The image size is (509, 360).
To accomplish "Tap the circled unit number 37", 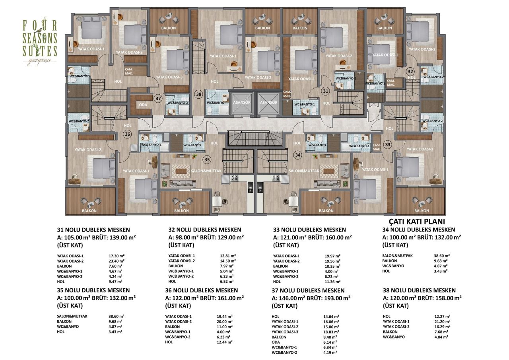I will pos(158,98).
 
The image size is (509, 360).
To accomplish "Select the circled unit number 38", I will pos(198,94).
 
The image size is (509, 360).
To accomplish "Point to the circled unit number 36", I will pos(127,134).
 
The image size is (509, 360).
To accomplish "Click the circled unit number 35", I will pos(206,160).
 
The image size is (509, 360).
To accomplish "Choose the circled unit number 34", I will pos(297,154).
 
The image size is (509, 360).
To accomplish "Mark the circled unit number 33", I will pos(387,145).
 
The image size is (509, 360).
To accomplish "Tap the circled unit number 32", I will pos(410,72).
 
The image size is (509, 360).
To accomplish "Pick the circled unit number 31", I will pos(326,91).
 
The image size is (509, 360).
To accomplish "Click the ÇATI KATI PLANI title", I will pos(416,222).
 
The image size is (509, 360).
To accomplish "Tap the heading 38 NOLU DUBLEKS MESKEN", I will pos(419,290).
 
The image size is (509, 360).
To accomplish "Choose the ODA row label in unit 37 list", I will pos(276,342).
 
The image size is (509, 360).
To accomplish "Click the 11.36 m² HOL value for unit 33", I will pos(332,281).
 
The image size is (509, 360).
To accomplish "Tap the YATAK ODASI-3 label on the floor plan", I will pos(169,77).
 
